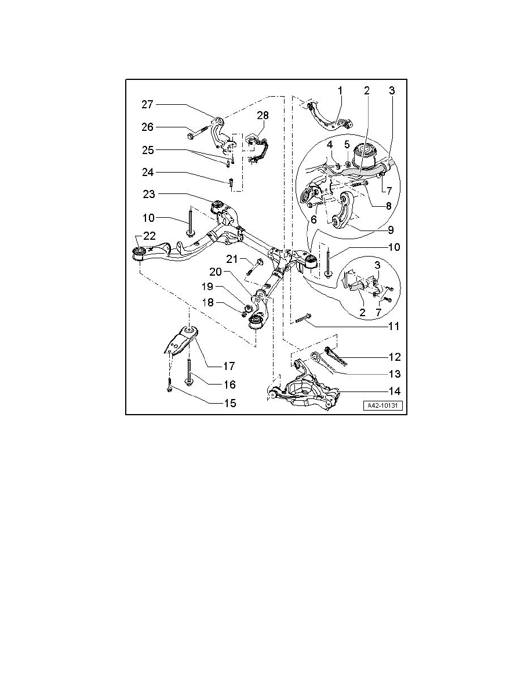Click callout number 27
click(147, 104)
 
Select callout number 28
click(263, 115)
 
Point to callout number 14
click(395, 391)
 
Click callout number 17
click(229, 365)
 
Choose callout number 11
click(393, 327)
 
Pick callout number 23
click(149, 194)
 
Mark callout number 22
click(150, 236)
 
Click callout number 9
click(391, 229)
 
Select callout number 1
click(340, 90)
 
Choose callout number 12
click(395, 357)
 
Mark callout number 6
click(314, 219)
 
